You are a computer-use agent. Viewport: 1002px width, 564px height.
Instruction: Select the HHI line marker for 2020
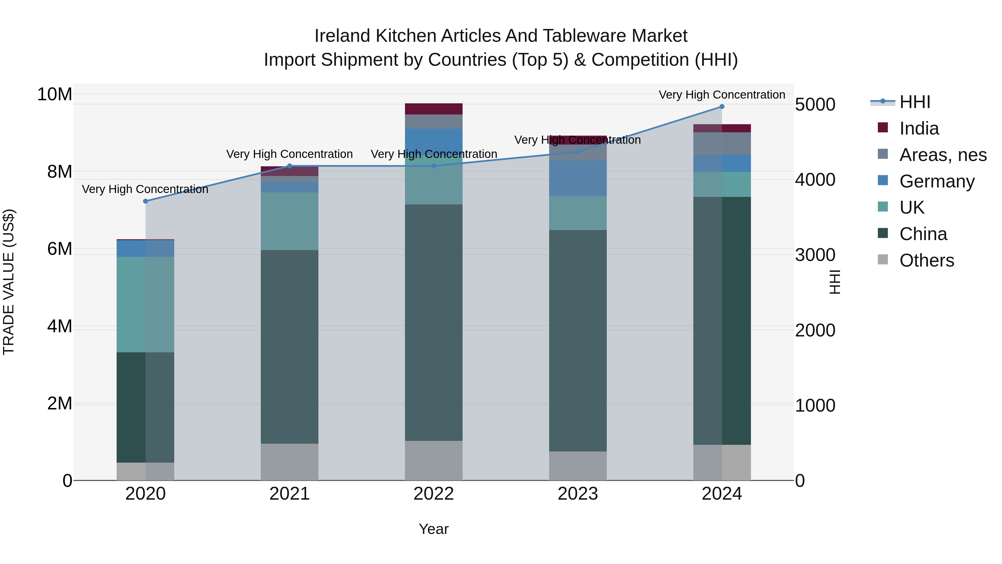pos(146,201)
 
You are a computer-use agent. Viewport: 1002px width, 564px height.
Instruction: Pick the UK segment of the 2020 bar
pos(146,304)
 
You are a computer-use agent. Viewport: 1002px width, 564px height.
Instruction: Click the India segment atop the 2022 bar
pos(434,109)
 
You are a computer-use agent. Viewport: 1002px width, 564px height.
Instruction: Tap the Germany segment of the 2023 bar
pos(578,178)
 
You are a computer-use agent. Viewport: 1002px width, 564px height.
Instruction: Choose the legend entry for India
pos(919,128)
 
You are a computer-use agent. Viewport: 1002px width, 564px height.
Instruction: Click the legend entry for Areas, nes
pos(942,155)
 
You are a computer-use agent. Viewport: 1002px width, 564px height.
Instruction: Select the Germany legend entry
pos(937,181)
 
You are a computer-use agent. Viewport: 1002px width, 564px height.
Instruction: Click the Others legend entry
pos(926,260)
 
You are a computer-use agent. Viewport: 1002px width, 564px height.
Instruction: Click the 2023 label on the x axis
pos(578,494)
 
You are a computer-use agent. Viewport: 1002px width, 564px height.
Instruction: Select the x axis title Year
pos(433,529)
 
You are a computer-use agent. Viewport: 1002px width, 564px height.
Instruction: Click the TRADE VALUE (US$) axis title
pos(9,282)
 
